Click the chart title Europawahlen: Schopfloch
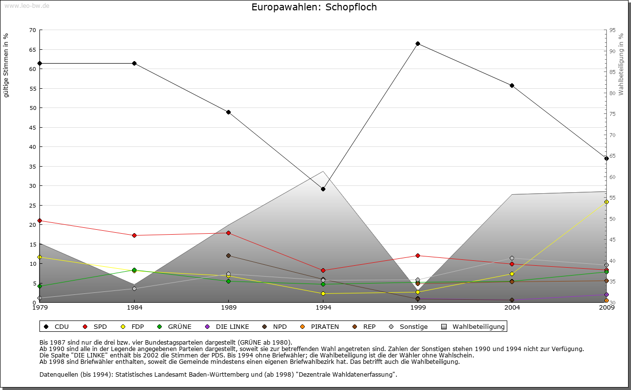point(314,7)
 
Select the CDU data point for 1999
point(418,44)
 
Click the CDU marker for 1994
point(323,189)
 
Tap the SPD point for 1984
point(134,235)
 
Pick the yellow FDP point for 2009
point(606,202)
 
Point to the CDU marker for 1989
point(228,112)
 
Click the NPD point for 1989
point(228,255)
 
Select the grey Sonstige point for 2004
point(512,258)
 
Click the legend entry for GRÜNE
point(175,326)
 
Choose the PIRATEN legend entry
point(320,326)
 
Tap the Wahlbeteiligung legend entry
point(473,326)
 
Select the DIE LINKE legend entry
point(227,326)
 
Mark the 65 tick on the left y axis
point(33,50)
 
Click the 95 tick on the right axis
point(612,30)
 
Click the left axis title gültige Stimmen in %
point(6,66)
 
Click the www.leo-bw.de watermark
point(25,5)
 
